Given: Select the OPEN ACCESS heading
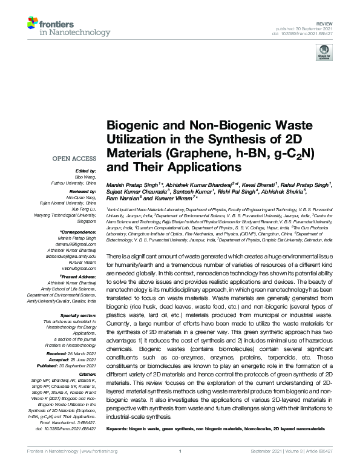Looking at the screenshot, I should [73, 159].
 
